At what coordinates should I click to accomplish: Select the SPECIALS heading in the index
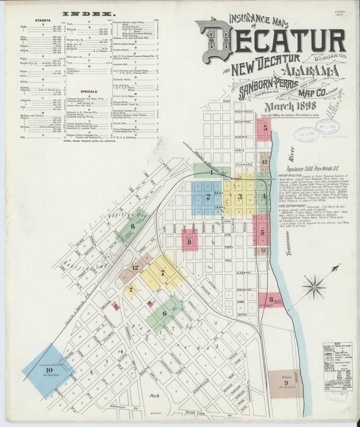89,91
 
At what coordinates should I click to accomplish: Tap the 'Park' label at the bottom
154,396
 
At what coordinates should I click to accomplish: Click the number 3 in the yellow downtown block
240,196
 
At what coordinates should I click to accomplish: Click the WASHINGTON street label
243,112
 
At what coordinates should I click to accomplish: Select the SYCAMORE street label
244,165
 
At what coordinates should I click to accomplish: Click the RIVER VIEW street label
195,412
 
